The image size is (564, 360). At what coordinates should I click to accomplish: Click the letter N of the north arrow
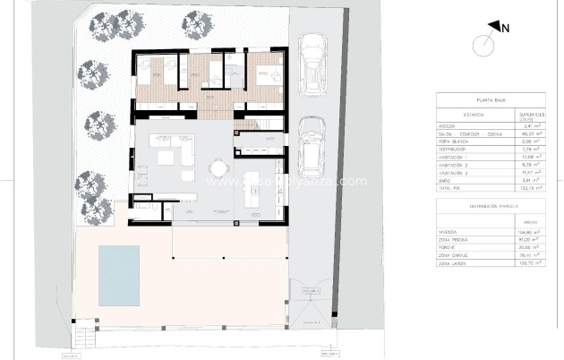[505, 28]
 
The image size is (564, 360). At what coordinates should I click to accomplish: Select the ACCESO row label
[449, 126]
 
